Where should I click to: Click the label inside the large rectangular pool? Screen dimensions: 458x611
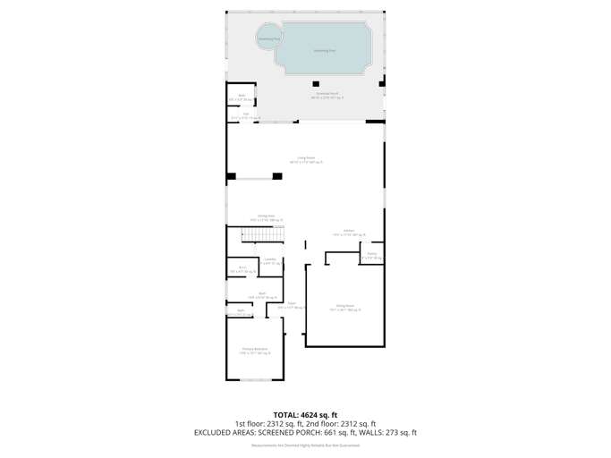(x=325, y=51)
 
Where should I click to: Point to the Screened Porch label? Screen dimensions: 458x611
(x=327, y=94)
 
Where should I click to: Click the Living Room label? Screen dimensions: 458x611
(x=306, y=159)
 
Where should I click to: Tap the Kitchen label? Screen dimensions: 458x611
(x=349, y=232)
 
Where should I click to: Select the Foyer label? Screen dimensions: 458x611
(x=292, y=305)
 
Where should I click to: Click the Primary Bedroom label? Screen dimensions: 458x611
(x=254, y=350)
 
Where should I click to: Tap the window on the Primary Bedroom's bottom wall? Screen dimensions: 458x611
(x=254, y=380)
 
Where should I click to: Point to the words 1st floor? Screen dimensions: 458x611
(x=250, y=424)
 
